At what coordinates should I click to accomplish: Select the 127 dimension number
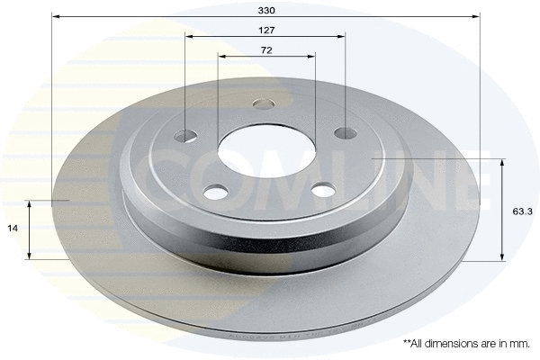click(x=265, y=30)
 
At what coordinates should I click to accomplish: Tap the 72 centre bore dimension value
click(x=266, y=50)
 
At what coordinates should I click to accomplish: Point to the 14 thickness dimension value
click(x=13, y=229)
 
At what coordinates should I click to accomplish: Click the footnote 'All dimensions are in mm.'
click(x=466, y=343)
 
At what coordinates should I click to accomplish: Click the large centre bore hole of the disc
click(x=265, y=147)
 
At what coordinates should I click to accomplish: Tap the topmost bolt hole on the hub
click(x=264, y=103)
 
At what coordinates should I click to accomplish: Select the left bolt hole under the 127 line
click(x=185, y=136)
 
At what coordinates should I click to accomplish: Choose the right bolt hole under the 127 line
click(x=346, y=133)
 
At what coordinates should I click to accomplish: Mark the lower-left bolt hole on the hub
click(x=215, y=192)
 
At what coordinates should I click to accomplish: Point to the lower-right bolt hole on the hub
click(x=323, y=189)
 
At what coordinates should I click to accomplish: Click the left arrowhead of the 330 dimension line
click(x=56, y=16)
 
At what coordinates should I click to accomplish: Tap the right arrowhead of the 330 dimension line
click(x=475, y=16)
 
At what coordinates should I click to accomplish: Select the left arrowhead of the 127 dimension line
click(x=189, y=36)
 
